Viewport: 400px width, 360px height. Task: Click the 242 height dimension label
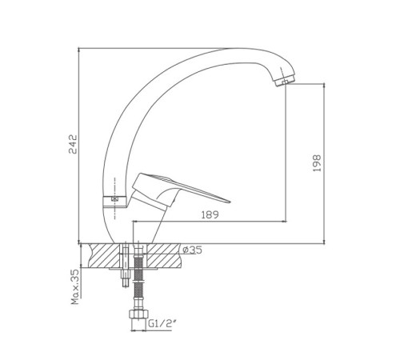point(73,144)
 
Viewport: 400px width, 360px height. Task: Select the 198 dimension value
point(317,163)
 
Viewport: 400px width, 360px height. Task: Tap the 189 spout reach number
point(210,214)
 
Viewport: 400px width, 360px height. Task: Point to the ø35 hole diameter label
point(193,250)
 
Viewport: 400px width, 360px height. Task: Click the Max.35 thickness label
point(75,287)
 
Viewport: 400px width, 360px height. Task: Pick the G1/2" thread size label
point(162,324)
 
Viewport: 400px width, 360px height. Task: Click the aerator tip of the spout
point(285,81)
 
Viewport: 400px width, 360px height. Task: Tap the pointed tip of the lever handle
point(230,202)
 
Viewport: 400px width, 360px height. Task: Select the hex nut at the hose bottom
point(138,314)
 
